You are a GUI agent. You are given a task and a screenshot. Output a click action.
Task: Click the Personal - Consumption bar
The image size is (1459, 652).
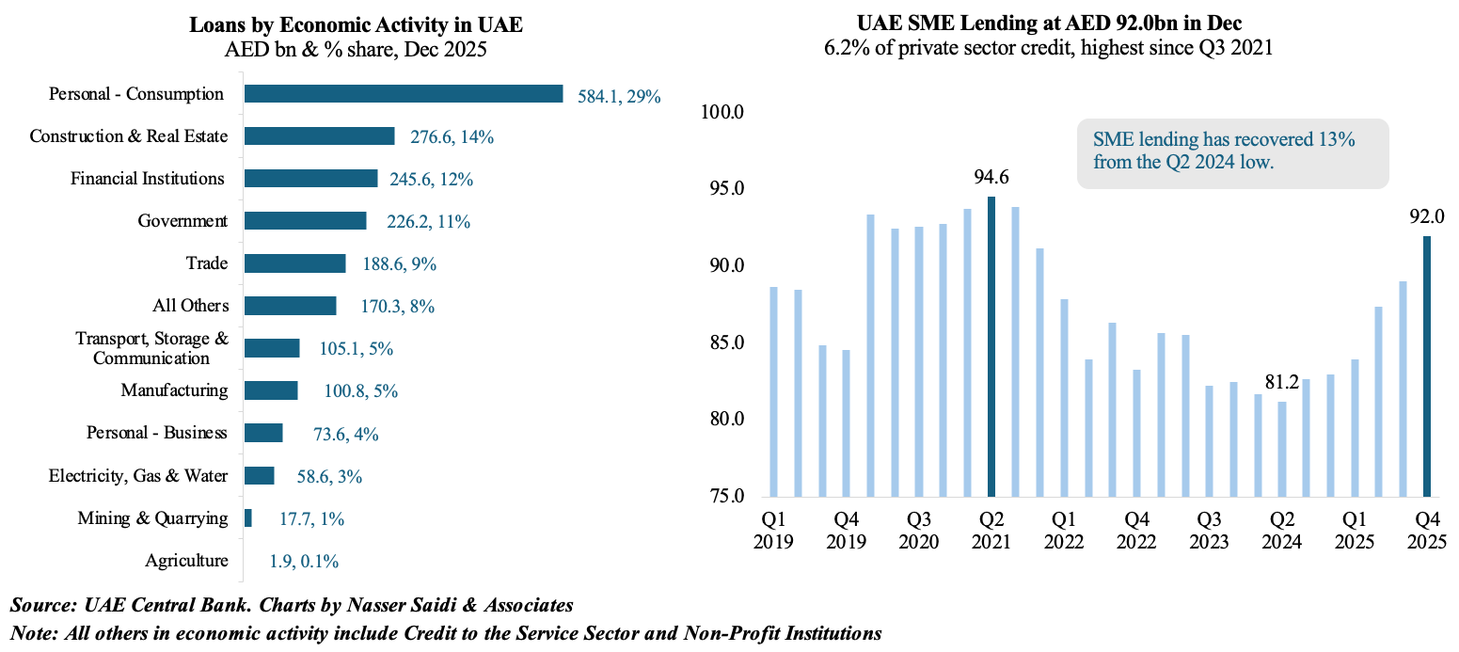coord(403,94)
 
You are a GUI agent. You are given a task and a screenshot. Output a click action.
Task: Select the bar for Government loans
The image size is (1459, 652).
coord(305,221)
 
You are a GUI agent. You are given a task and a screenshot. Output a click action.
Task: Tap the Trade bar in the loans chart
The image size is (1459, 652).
coord(294,263)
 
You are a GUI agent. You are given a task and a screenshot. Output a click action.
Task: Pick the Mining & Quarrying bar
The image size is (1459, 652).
coord(247,518)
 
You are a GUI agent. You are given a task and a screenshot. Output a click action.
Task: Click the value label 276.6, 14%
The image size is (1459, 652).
coord(452,137)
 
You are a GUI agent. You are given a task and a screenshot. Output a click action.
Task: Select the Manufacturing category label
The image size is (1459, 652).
coord(174,390)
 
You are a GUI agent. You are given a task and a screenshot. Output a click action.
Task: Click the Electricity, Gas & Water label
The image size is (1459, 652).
coord(138,476)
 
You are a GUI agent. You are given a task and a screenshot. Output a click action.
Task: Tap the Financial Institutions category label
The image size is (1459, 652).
coord(148,179)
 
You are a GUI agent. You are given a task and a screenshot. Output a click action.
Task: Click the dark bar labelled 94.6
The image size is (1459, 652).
coord(991,346)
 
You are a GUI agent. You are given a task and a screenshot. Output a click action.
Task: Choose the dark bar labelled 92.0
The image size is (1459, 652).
coord(1426,366)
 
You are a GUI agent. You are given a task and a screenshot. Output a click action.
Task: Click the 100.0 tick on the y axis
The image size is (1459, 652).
coord(722,114)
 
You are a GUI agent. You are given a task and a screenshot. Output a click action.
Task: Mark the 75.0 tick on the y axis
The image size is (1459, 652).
coord(722,497)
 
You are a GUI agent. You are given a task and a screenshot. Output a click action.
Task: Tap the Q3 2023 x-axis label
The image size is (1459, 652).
coord(1209,531)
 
